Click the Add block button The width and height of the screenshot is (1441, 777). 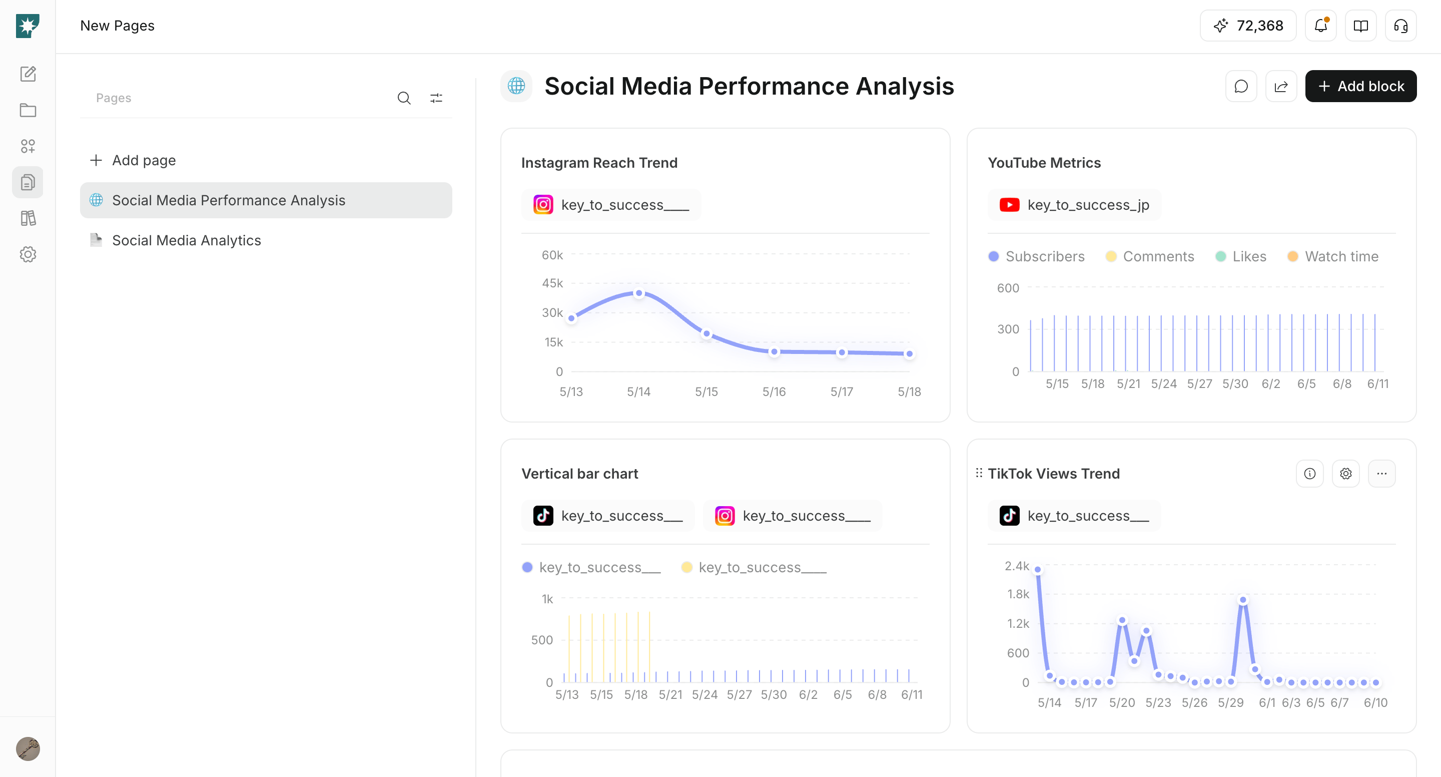click(1360, 86)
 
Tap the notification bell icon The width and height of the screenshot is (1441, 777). click(1321, 26)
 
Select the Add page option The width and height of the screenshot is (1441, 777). click(133, 161)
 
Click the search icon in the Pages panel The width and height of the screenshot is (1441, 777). click(404, 99)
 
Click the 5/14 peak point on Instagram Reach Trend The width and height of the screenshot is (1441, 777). click(639, 293)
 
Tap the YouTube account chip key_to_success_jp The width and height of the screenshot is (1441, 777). click(1075, 205)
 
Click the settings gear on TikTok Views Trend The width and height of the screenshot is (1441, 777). click(1346, 474)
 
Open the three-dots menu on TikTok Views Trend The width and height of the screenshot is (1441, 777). click(1381, 474)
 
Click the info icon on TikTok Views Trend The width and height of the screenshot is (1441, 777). click(1310, 474)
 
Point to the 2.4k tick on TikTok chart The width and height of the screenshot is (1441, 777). click(1017, 566)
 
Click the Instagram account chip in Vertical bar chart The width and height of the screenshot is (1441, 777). click(793, 516)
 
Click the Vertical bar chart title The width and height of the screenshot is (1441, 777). click(579, 474)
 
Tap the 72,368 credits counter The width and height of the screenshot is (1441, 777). click(1248, 26)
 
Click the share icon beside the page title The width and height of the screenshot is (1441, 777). click(1281, 86)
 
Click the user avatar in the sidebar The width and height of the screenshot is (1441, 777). click(28, 748)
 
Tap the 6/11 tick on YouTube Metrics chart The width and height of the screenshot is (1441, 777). click(1378, 384)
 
